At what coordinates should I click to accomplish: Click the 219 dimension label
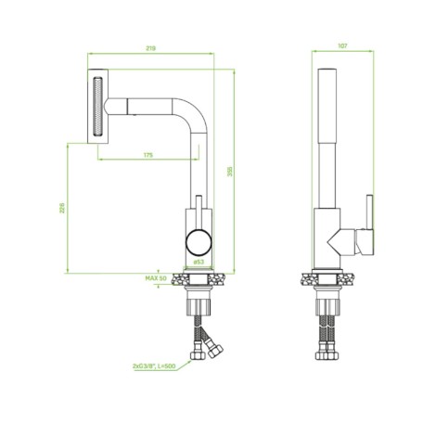(x=151, y=48)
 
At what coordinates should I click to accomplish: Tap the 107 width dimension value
(x=342, y=45)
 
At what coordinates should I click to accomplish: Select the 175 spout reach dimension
(x=148, y=155)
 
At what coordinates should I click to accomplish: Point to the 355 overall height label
(x=230, y=172)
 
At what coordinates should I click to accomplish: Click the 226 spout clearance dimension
(x=62, y=208)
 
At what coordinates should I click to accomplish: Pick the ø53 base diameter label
(x=199, y=262)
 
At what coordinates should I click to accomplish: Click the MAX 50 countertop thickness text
(x=156, y=278)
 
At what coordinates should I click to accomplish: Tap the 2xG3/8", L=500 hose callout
(x=154, y=366)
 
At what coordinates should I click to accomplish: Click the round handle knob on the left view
(x=199, y=242)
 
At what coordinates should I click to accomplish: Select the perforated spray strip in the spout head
(x=97, y=107)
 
